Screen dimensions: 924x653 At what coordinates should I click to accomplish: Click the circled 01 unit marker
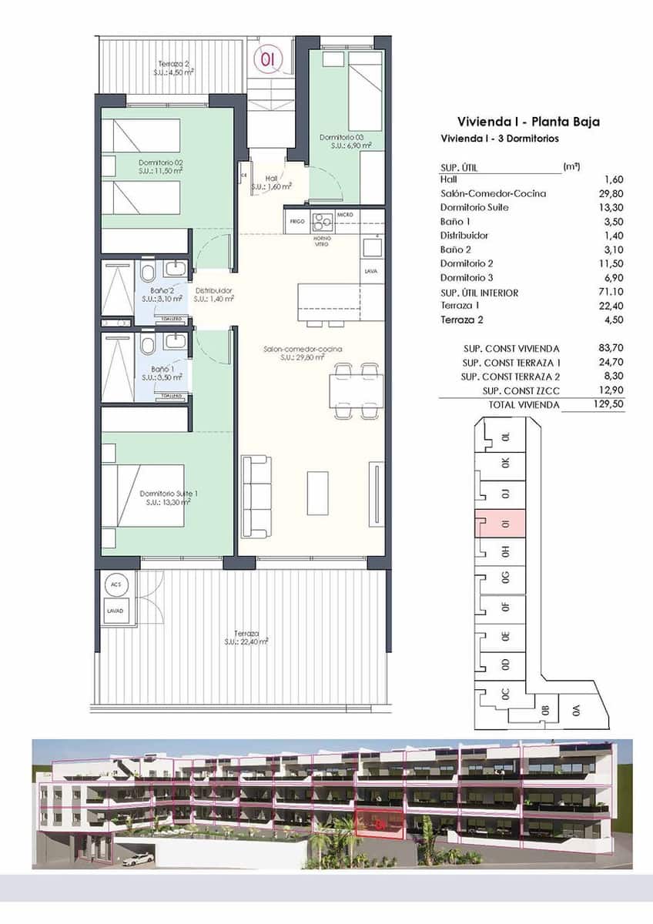[x=268, y=59]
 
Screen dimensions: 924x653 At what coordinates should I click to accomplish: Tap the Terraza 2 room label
[x=174, y=68]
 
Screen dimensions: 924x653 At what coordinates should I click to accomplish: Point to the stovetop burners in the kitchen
[x=323, y=221]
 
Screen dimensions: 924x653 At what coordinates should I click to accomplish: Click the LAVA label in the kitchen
[x=371, y=272]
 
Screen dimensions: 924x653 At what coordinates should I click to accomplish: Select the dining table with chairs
[x=354, y=390]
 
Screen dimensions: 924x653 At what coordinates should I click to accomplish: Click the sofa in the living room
[x=256, y=497]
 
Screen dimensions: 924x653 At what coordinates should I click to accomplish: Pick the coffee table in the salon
[x=318, y=493]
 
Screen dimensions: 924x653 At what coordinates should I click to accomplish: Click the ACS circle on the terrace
[x=116, y=585]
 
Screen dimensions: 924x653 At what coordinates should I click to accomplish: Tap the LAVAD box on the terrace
[x=116, y=611]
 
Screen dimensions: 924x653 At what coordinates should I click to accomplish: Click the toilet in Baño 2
[x=147, y=272]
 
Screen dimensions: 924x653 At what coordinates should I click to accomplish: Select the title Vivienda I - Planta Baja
[x=528, y=122]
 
